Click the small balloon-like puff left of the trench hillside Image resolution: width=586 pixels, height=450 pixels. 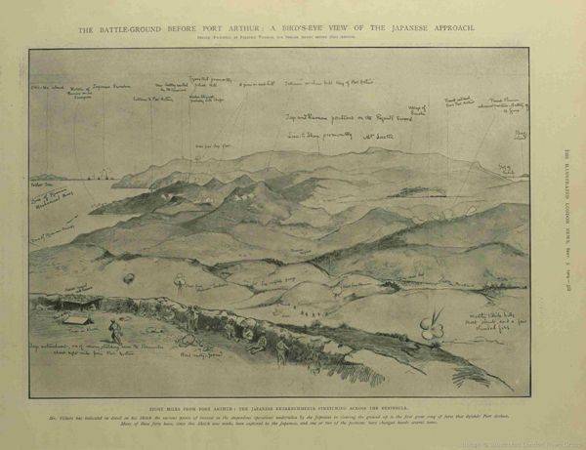coord(127,279)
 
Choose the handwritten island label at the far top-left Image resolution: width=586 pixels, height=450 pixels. coord(43,92)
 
